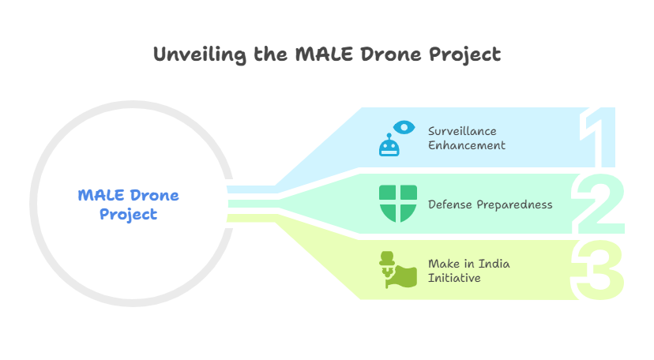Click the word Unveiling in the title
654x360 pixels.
200,55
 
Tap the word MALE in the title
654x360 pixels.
324,54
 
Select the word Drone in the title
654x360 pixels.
391,54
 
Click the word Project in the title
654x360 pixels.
464,55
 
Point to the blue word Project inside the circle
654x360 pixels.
129,215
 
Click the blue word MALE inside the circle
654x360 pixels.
101,196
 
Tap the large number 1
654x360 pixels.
597,137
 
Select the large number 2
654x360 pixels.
599,204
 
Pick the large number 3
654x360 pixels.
597,270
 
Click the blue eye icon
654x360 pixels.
404,127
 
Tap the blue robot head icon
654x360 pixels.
389,145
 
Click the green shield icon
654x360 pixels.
398,204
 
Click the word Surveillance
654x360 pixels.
462,131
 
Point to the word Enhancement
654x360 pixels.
466,145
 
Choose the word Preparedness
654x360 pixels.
515,205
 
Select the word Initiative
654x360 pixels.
454,278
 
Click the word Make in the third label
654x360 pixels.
444,264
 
